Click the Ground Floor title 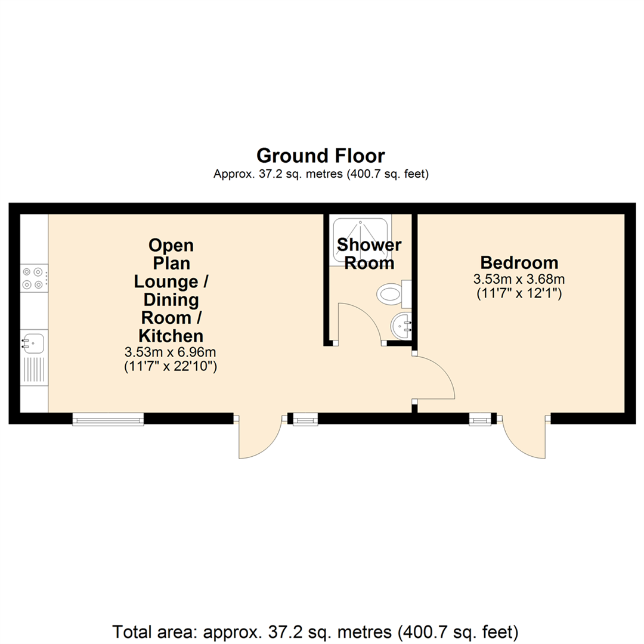(321, 156)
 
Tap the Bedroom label (519, 262)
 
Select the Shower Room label (370, 254)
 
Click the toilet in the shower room (392, 293)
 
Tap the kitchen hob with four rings (34, 278)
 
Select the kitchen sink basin (33, 343)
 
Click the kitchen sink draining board (34, 372)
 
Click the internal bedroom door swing (434, 377)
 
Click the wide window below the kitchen (108, 419)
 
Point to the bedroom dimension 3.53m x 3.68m (519, 278)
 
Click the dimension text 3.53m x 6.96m (171, 352)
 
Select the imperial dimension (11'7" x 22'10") (171, 367)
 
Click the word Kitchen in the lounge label (171, 335)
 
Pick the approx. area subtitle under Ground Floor (321, 174)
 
